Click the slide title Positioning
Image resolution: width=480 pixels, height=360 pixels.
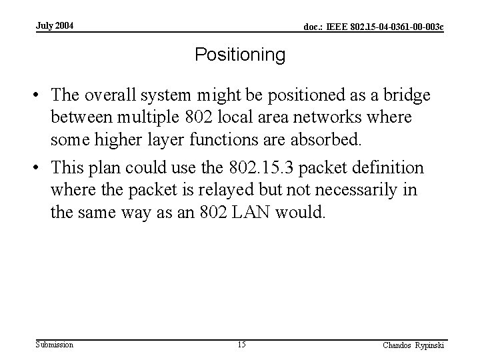click(240, 55)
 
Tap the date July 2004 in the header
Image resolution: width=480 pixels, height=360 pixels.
click(55, 26)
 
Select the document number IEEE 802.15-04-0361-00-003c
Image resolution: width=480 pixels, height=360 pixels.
click(374, 27)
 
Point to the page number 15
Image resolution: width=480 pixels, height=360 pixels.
click(241, 345)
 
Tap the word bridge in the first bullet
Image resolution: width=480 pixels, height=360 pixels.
click(405, 96)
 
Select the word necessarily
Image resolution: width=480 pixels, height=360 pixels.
click(356, 191)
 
